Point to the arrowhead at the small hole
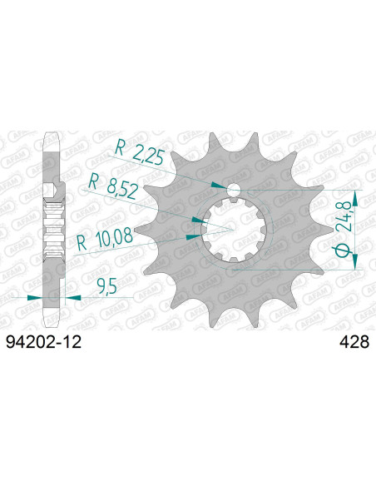point(218,186)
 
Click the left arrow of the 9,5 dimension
point(32,295)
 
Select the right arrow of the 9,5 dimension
point(72,295)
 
